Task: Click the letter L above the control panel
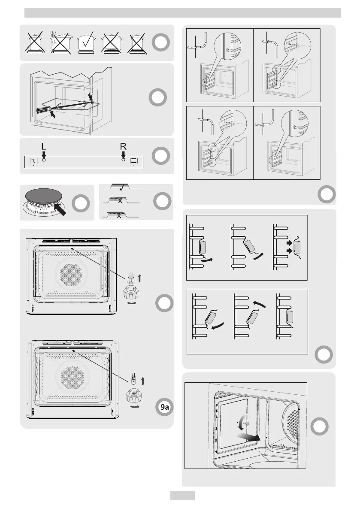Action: [43, 147]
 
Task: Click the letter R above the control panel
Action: [123, 147]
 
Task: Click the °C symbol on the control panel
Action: [33, 161]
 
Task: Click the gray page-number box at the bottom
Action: [182, 496]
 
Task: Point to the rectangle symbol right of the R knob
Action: [133, 161]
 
